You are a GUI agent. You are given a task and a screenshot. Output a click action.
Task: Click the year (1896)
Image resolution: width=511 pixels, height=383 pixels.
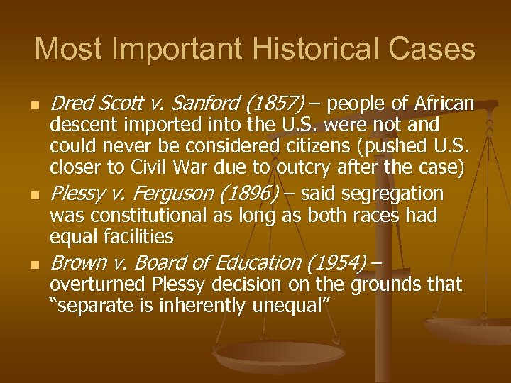(x=248, y=194)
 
